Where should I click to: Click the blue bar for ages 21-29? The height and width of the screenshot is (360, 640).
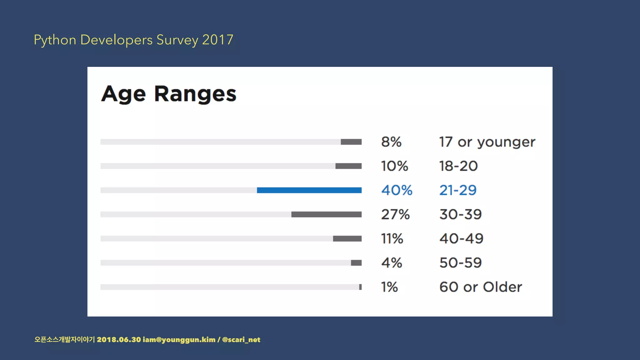(x=309, y=190)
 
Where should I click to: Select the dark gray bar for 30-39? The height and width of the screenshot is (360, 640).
(x=326, y=214)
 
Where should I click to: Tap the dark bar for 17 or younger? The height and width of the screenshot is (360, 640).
(x=351, y=142)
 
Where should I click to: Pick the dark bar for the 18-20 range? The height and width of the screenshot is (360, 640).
(x=348, y=166)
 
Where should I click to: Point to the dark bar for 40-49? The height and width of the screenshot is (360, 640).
(x=347, y=238)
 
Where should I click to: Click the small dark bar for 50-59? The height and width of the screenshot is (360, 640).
(x=356, y=263)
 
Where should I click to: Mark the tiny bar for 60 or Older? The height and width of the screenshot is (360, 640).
(x=360, y=287)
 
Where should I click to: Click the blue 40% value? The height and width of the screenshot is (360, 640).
(x=397, y=190)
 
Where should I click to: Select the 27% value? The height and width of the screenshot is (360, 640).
(x=395, y=214)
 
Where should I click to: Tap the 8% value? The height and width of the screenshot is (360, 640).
(x=391, y=142)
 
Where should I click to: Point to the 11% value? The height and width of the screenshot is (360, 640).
(x=392, y=238)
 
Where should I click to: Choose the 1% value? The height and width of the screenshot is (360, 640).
(x=389, y=287)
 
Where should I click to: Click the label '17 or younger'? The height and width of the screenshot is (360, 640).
(x=487, y=142)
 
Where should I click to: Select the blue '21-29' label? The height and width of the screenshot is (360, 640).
(x=458, y=190)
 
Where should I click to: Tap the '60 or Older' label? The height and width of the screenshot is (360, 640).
(x=480, y=287)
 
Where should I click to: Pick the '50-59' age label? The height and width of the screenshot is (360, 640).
(x=460, y=263)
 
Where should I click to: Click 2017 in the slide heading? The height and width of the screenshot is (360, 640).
(x=217, y=40)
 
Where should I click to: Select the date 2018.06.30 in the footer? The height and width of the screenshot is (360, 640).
(x=119, y=340)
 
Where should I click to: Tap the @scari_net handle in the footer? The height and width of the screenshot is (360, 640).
(x=241, y=340)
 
